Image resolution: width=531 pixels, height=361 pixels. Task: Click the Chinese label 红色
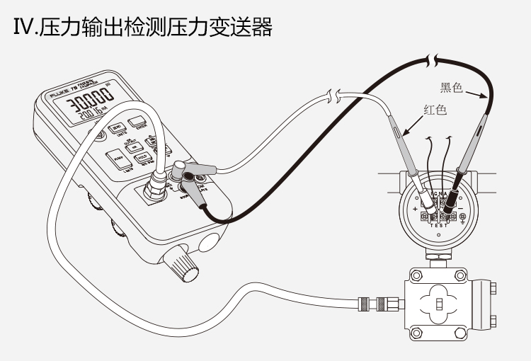click(435, 110)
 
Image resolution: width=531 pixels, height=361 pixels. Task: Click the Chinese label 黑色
click(451, 88)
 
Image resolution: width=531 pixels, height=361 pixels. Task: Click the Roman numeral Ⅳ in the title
click(23, 28)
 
